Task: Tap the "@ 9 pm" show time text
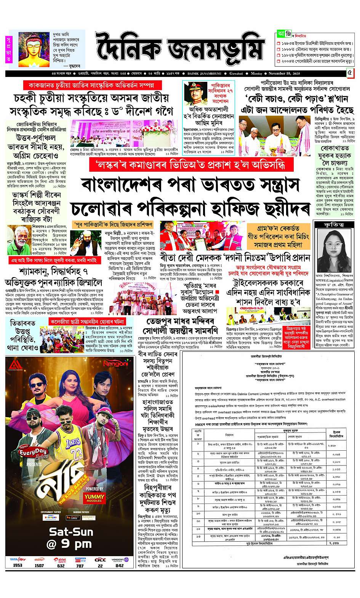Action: (x=69, y=544)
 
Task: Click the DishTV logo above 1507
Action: (x=39, y=560)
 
